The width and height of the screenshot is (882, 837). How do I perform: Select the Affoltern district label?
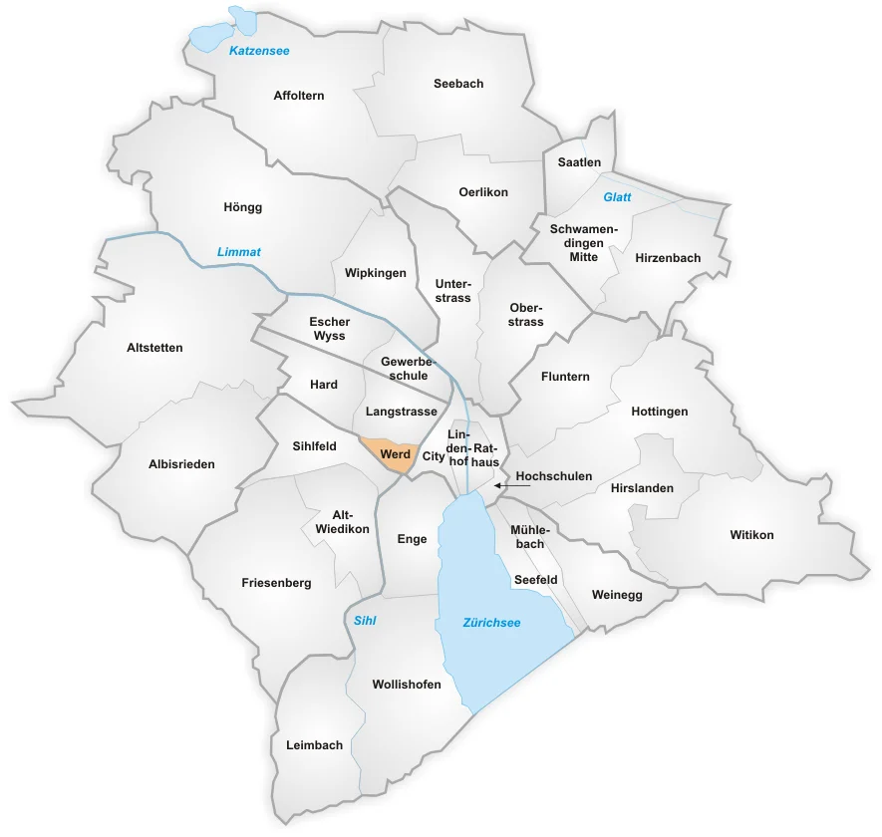[x=299, y=96]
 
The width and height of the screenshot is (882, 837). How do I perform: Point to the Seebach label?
[x=458, y=84]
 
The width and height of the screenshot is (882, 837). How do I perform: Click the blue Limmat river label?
[x=239, y=252]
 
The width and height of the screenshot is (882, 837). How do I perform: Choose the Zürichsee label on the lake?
[x=491, y=623]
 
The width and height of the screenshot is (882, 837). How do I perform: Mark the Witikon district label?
[x=751, y=535]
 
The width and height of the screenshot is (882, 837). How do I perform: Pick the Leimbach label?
[x=314, y=745]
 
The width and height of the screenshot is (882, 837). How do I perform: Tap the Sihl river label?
[x=365, y=620]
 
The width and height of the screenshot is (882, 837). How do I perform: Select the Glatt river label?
[x=617, y=197]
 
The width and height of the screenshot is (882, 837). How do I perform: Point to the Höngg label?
[x=243, y=207]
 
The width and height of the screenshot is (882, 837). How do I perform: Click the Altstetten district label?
[x=155, y=348]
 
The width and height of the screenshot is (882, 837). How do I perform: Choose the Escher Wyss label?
[x=328, y=329]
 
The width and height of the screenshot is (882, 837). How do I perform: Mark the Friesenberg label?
[x=276, y=583]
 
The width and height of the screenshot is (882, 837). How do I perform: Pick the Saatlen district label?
[x=579, y=161]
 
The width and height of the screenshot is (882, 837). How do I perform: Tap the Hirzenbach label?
[x=668, y=258]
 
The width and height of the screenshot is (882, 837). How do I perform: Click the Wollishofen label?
[x=406, y=685]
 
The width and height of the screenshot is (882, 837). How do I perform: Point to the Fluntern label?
[x=565, y=377]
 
